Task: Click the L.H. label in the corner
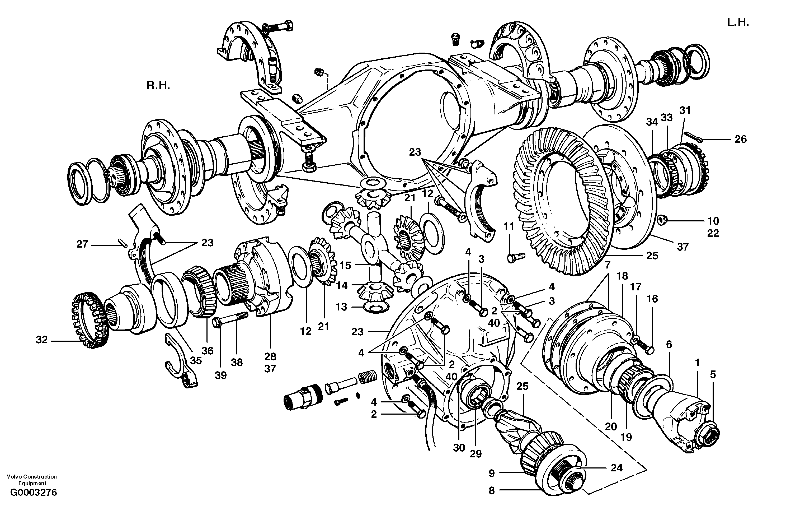738,23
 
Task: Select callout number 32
42,340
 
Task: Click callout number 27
82,244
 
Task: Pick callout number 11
509,226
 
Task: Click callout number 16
652,299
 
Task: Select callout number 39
221,375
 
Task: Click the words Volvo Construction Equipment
32,480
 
